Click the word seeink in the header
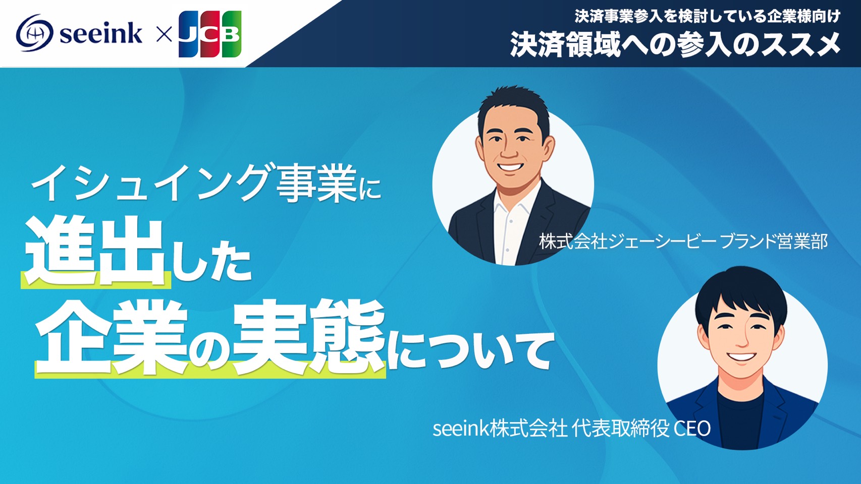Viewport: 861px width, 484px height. click(101, 33)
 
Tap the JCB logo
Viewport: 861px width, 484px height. click(210, 34)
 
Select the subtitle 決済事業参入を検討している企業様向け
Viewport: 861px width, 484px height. click(708, 16)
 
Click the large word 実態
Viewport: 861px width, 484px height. click(309, 336)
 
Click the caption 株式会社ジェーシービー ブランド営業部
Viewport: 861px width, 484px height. click(683, 241)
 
